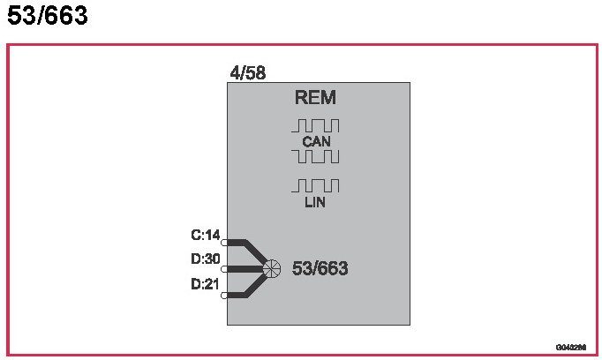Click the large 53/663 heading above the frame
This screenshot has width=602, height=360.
48,16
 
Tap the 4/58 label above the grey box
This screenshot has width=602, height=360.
247,73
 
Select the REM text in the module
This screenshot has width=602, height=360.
315,98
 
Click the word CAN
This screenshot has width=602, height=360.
315,141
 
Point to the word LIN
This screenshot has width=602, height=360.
315,203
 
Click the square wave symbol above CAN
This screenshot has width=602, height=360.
315,125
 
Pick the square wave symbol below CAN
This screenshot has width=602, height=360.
315,157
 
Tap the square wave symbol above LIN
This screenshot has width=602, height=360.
315,185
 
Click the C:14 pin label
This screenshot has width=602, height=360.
205,236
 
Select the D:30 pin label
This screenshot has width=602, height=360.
205,259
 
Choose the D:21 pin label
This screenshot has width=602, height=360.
205,284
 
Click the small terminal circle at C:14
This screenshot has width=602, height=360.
224,241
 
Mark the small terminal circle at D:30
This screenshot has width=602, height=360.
224,268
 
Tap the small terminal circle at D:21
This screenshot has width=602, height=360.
224,296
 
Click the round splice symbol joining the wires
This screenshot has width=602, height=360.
271,268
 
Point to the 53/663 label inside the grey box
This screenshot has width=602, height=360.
320,268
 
